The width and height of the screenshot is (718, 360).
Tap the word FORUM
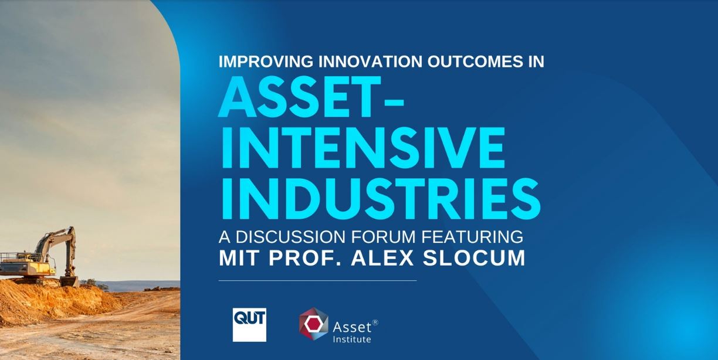pyautogui.click(x=382, y=237)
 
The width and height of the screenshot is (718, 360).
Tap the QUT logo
pyautogui.click(x=249, y=324)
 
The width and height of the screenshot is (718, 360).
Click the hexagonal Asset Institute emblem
pyautogui.click(x=314, y=324)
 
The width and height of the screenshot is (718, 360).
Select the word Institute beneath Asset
pyautogui.click(x=352, y=339)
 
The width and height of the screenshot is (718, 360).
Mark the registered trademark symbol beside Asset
pyautogui.click(x=375, y=322)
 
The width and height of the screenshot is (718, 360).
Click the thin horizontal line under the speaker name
pyautogui.click(x=317, y=280)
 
